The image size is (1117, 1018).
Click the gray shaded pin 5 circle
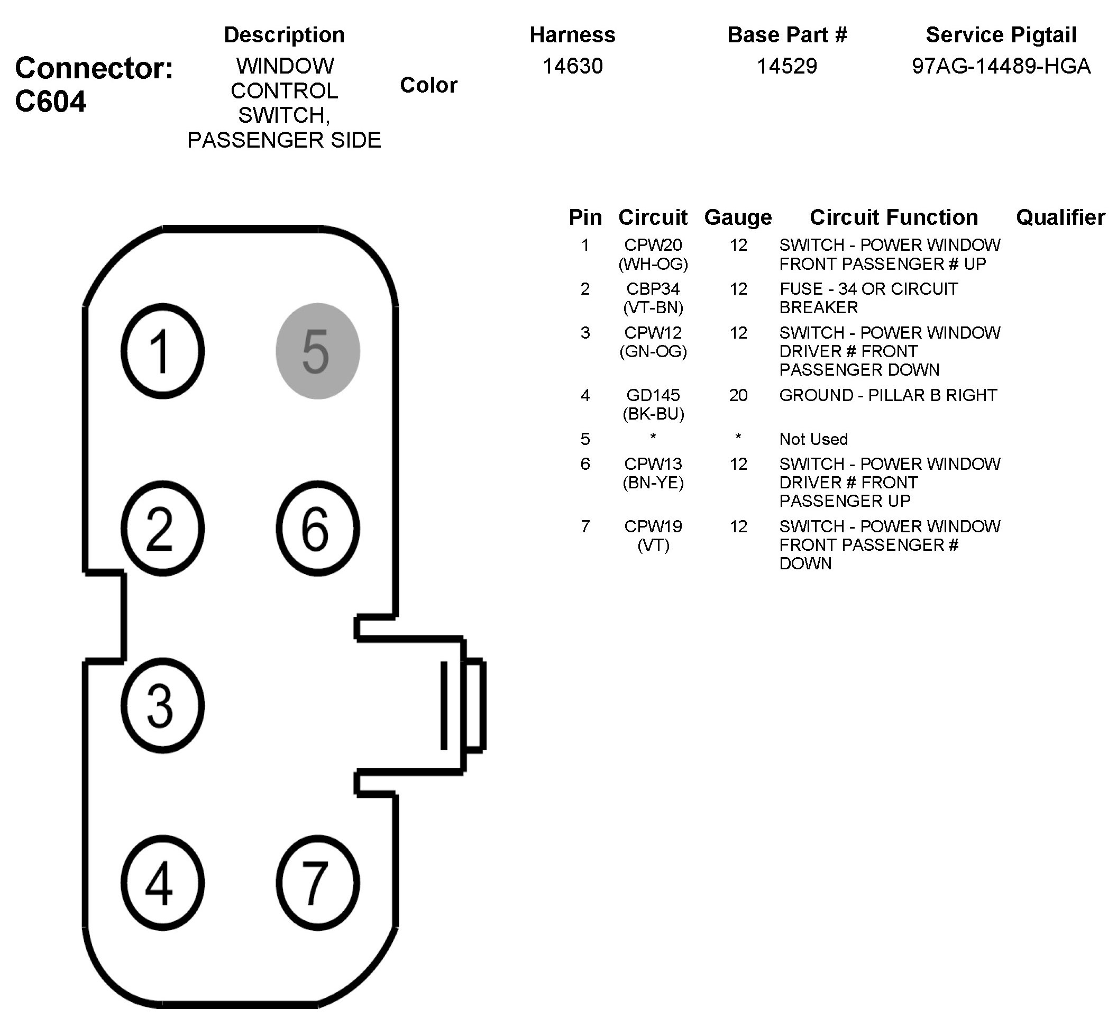[317, 351]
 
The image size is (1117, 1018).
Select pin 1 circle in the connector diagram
[162, 351]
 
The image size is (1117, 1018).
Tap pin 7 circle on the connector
[317, 883]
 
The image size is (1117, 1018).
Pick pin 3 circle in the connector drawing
[162, 705]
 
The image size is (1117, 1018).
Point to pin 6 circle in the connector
[317, 528]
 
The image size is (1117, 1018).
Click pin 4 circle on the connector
[162, 883]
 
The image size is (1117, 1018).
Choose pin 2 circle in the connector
[162, 528]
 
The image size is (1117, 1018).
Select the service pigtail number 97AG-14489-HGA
[1001, 67]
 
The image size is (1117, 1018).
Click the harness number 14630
[572, 67]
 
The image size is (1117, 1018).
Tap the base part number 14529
[787, 67]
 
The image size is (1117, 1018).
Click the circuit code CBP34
[653, 289]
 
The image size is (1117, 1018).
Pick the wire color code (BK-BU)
[653, 414]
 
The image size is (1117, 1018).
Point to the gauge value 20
[738, 395]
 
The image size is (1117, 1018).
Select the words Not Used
[813, 439]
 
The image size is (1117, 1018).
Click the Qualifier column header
[1060, 217]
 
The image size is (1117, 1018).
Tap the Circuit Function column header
[894, 217]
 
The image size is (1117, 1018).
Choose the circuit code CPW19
[653, 526]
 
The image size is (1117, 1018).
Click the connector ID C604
[51, 102]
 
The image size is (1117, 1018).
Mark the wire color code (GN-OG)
[653, 351]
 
